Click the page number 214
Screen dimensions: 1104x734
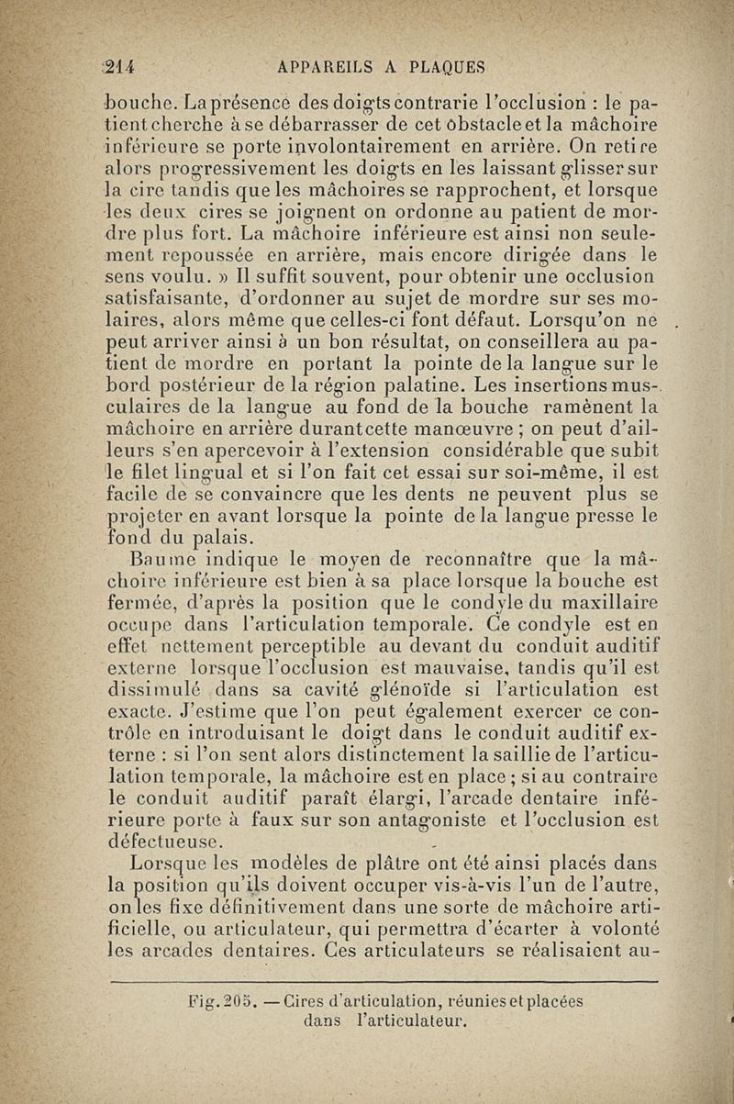pyautogui.click(x=119, y=67)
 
